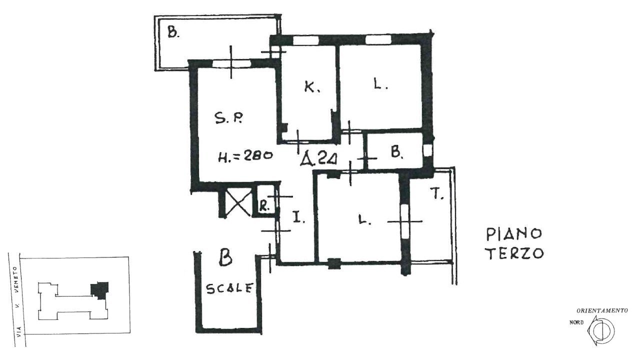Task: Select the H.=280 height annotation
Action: point(245,156)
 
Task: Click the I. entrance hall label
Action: point(296,217)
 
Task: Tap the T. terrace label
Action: point(438,195)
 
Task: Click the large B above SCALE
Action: point(225,258)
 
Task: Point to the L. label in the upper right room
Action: point(381,85)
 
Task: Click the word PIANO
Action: point(514,233)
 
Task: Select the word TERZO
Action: point(515,253)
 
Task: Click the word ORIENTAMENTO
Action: point(602,310)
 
